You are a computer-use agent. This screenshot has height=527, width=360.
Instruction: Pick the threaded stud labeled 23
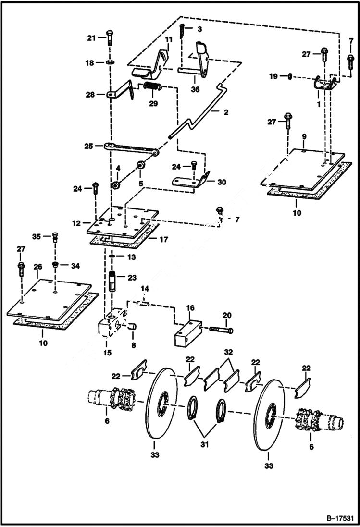pos(113,282)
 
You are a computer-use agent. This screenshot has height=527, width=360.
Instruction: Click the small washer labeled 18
pos(110,62)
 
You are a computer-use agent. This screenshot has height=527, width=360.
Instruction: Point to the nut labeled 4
pos(116,184)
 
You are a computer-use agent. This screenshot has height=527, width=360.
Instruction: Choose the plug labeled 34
pos(56,265)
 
